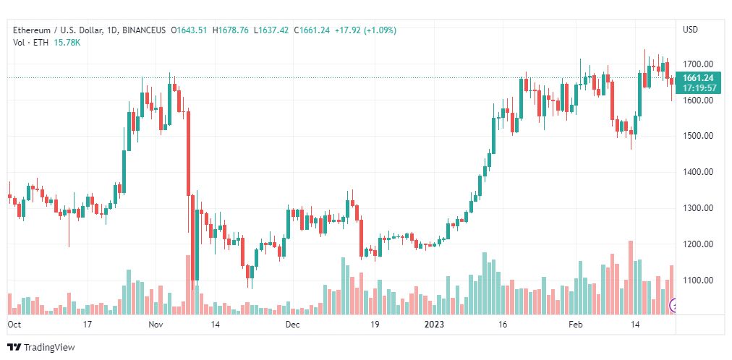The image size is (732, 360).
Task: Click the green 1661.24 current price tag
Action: tap(698, 78)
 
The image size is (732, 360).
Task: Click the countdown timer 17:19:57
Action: tap(699, 88)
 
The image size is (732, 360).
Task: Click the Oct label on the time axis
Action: tap(14, 325)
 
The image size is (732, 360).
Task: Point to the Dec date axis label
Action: tap(292, 325)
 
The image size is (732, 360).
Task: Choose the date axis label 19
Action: tap(375, 325)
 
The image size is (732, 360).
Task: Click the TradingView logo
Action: tap(41, 347)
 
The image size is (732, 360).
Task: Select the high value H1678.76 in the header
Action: tap(230, 30)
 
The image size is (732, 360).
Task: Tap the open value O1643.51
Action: tap(190, 30)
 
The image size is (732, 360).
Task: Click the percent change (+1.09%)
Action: tap(380, 30)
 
